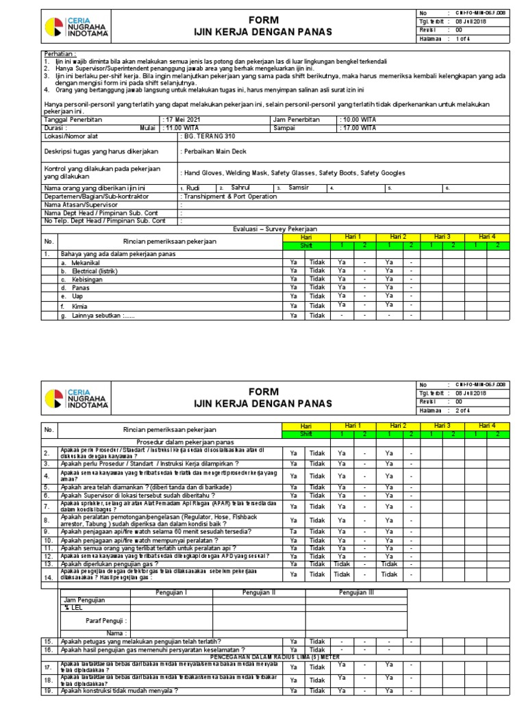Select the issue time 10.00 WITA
click(360, 119)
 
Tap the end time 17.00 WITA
click(360, 127)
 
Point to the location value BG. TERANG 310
click(208, 136)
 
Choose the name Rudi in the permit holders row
click(193, 188)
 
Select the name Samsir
click(299, 188)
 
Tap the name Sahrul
click(241, 188)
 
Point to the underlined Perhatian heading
click(60, 53)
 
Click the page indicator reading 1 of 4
click(466, 38)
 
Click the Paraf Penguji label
click(104, 622)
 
